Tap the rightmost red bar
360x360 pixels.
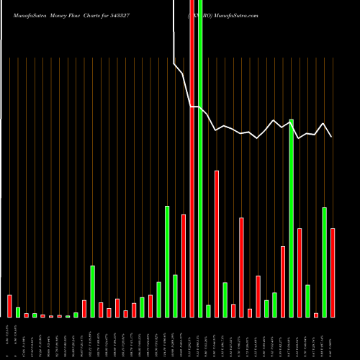333,272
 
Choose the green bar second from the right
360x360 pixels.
324,262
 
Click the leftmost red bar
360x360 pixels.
9,306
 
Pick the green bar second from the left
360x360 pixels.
35,315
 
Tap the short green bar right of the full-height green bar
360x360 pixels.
208,311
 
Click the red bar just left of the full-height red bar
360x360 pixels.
184,266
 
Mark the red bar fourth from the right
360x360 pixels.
299,272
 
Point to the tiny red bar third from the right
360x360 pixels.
316,315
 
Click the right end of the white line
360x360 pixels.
331,136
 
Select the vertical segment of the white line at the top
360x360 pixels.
174,32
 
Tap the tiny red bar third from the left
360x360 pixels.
26,315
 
